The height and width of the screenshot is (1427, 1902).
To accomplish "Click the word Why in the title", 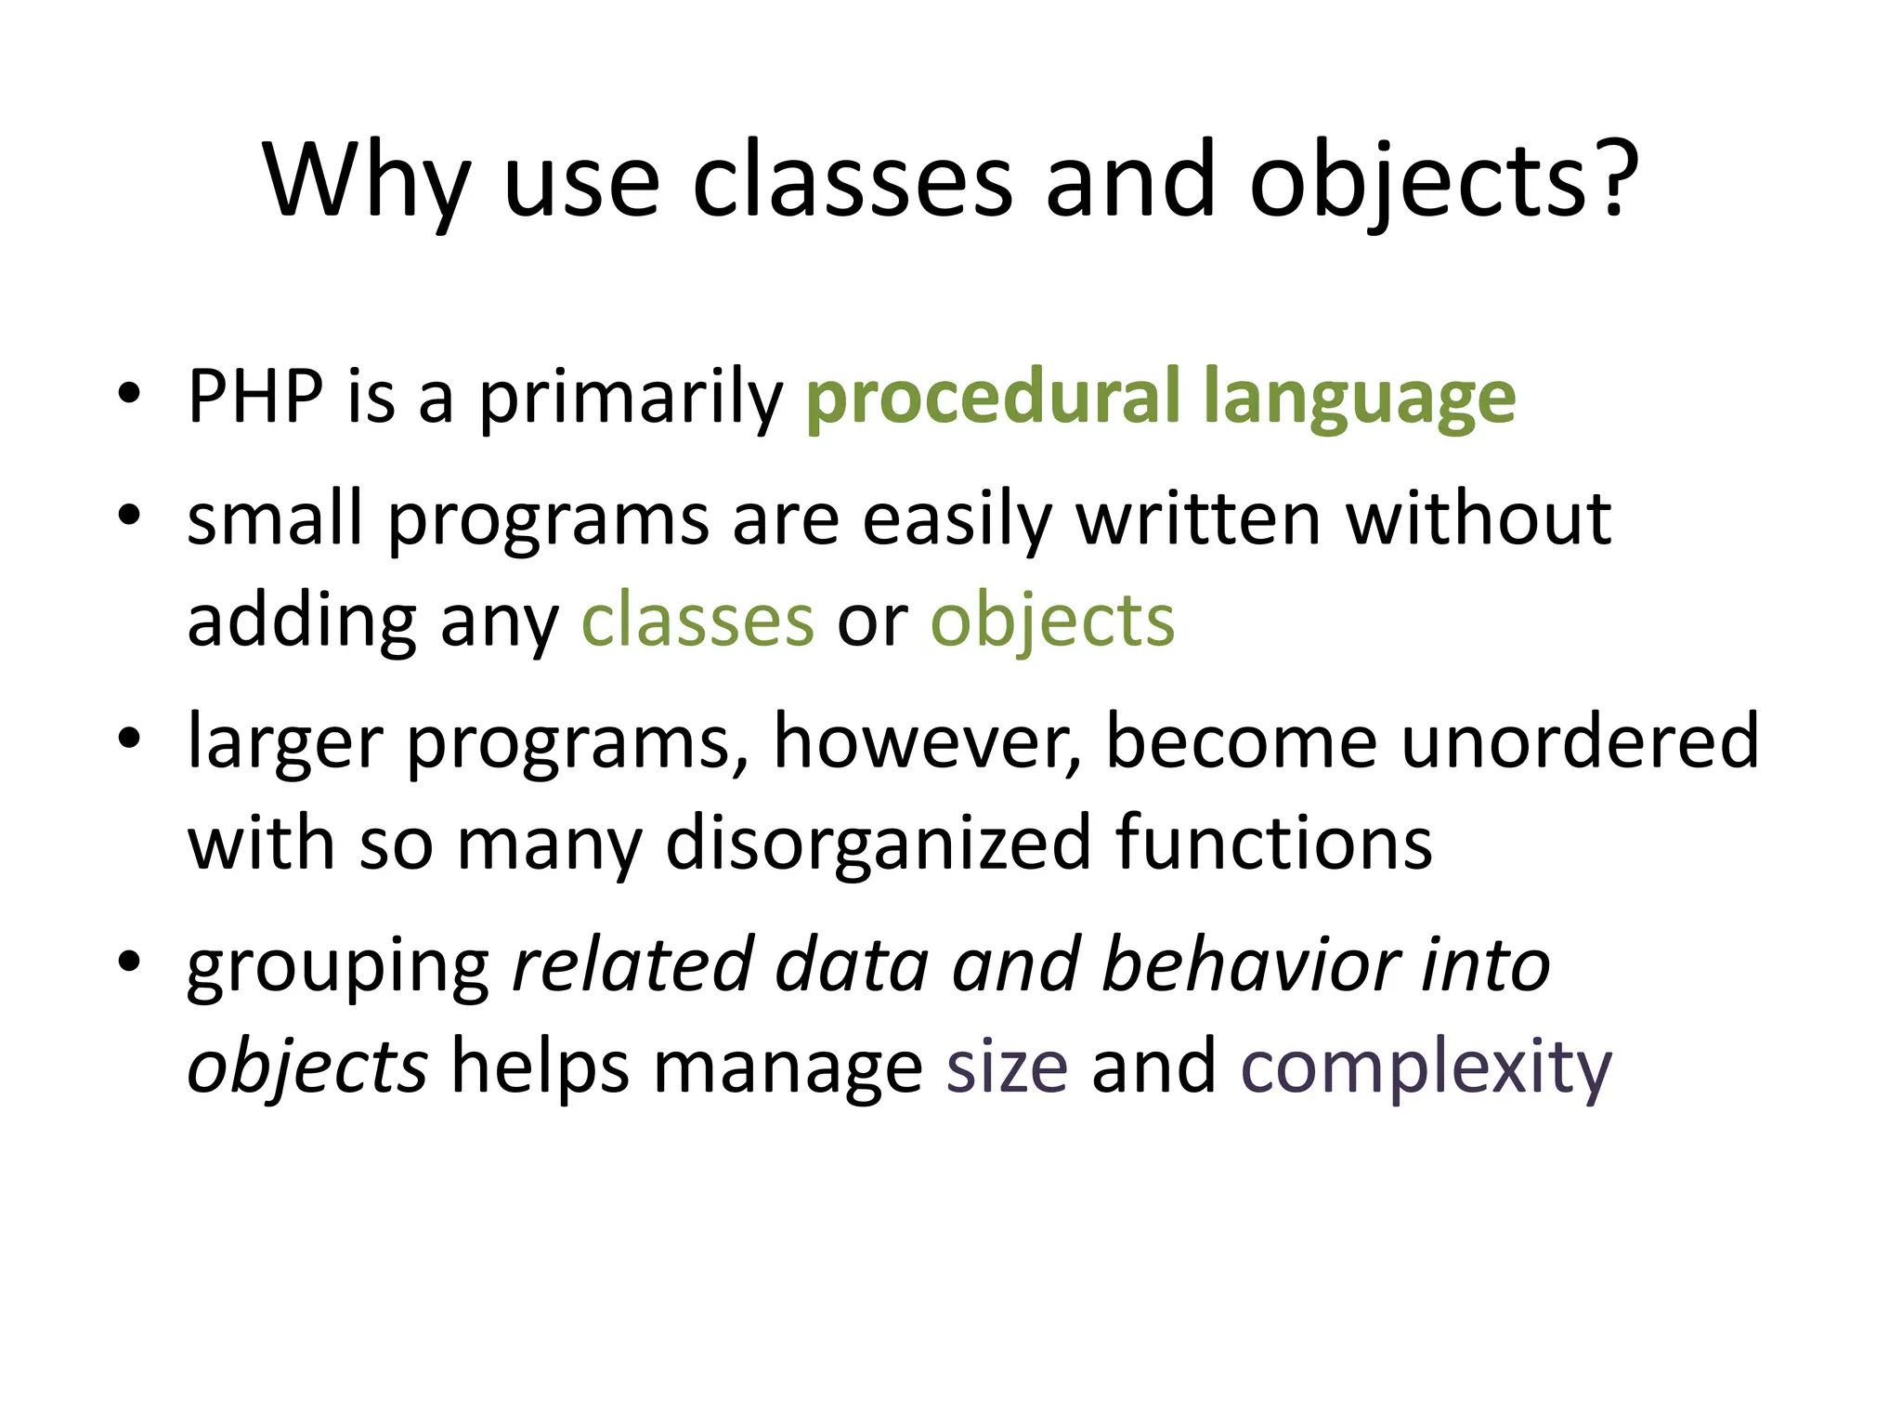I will pyautogui.click(x=367, y=181).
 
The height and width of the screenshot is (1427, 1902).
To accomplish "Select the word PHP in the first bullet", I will pyautogui.click(x=255, y=397).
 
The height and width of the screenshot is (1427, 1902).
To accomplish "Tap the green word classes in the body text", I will pyautogui.click(x=697, y=621).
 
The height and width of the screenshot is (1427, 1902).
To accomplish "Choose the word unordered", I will pyautogui.click(x=1580, y=742).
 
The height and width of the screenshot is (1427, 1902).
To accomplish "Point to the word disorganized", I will pyautogui.click(x=879, y=844).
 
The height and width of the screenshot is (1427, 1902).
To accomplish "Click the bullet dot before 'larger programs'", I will pyautogui.click(x=129, y=739).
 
